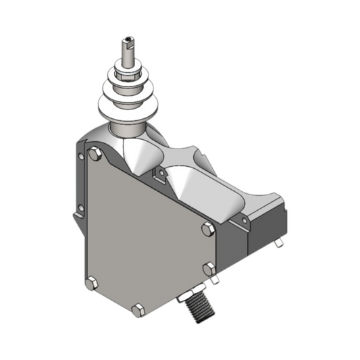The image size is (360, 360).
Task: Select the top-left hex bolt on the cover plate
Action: [x=96, y=156]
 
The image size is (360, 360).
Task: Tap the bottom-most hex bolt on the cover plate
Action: [x=138, y=310]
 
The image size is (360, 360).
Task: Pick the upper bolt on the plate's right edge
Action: [x=207, y=230]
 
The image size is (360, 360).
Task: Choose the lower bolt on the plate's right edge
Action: [x=209, y=269]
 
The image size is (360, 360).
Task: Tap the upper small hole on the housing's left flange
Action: [x=81, y=158]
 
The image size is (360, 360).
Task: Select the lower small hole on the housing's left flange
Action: [x=81, y=207]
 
